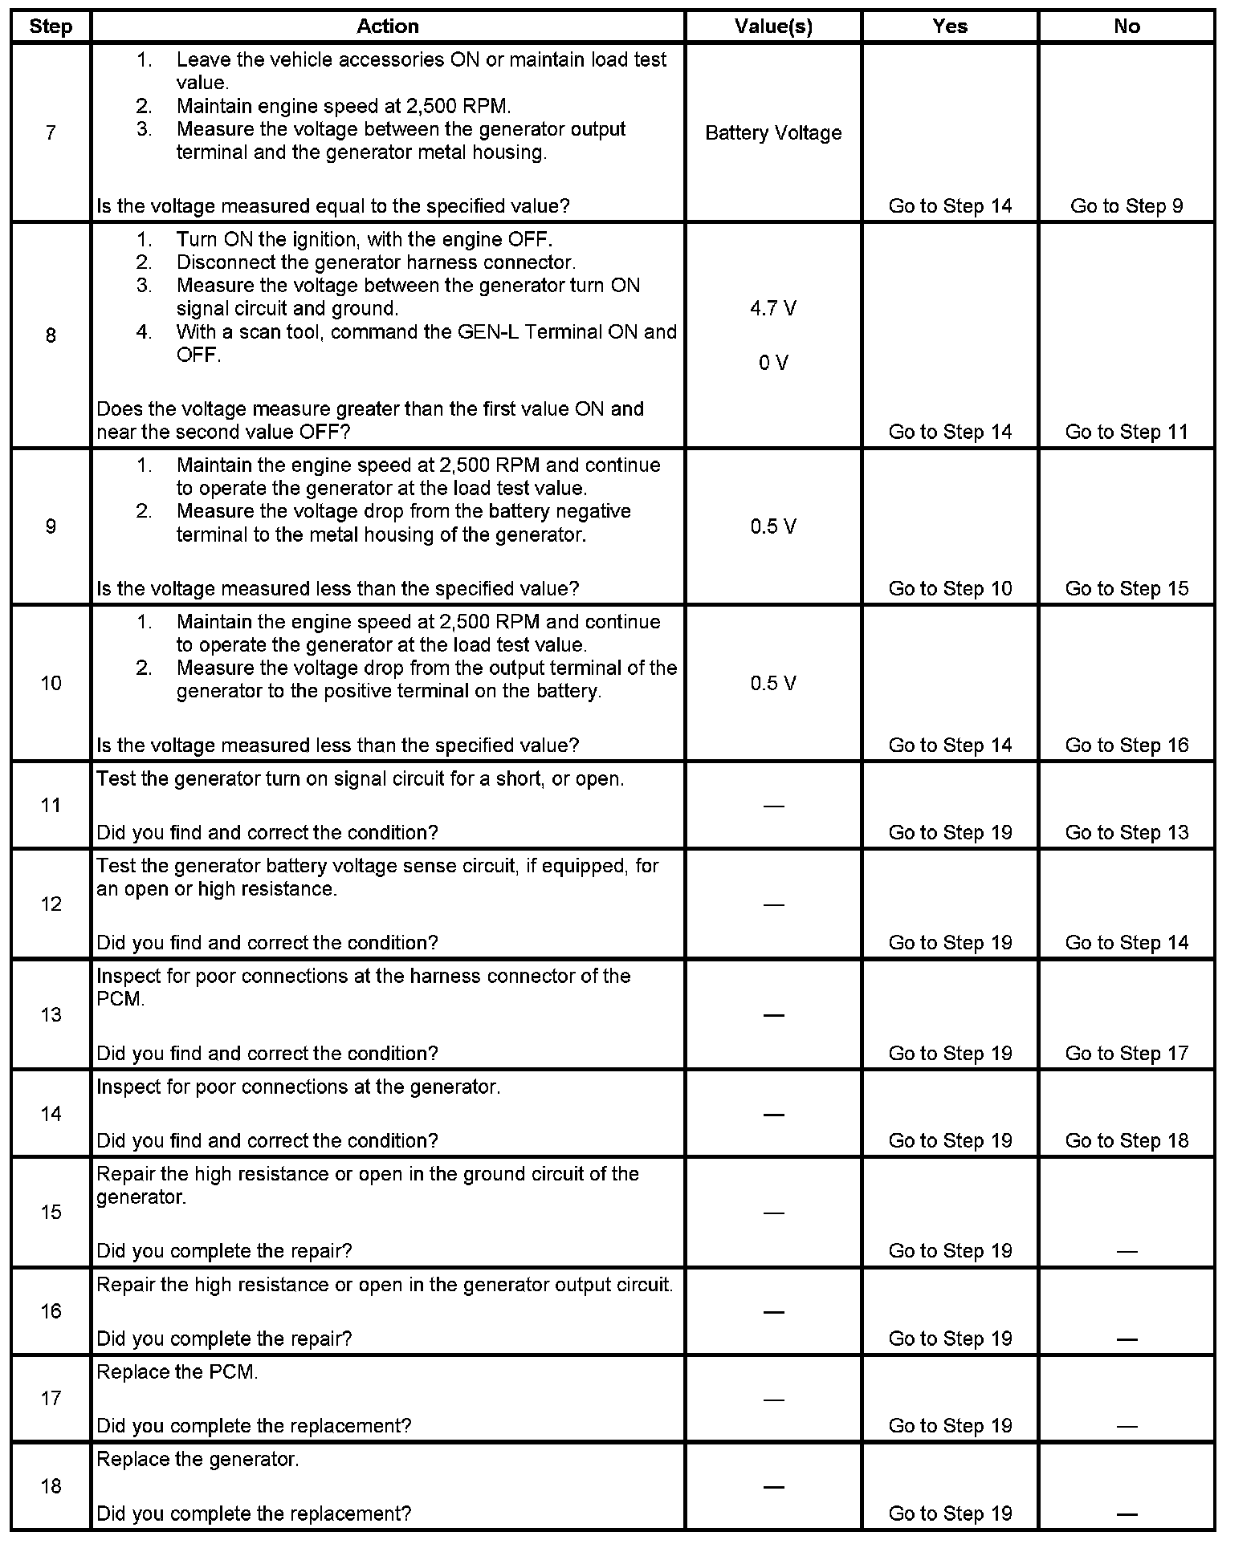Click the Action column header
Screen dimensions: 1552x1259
coord(387,26)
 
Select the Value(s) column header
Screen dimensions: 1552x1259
coord(773,26)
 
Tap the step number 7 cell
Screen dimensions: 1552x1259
coord(51,132)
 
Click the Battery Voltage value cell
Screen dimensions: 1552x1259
coord(773,132)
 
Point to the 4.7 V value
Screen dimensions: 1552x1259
coord(773,308)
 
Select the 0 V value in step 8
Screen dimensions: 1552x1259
coord(773,363)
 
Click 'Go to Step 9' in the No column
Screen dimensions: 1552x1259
coord(1126,206)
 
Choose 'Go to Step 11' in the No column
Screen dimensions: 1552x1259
coord(1126,432)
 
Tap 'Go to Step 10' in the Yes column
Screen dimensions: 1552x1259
coord(950,588)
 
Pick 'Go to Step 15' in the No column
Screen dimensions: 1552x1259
coord(1126,588)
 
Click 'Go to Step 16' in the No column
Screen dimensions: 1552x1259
coord(1126,745)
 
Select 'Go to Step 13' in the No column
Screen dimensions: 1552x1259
coord(1126,832)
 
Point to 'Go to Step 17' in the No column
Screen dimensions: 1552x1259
coord(1126,1053)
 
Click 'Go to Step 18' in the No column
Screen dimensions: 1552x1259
coord(1126,1140)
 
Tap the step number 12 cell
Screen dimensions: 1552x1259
coord(51,904)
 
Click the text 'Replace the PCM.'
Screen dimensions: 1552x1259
coord(177,1371)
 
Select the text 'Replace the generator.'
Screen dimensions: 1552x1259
coord(198,1459)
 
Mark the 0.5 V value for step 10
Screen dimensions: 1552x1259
coord(773,683)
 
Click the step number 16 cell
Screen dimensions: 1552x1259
coord(51,1311)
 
